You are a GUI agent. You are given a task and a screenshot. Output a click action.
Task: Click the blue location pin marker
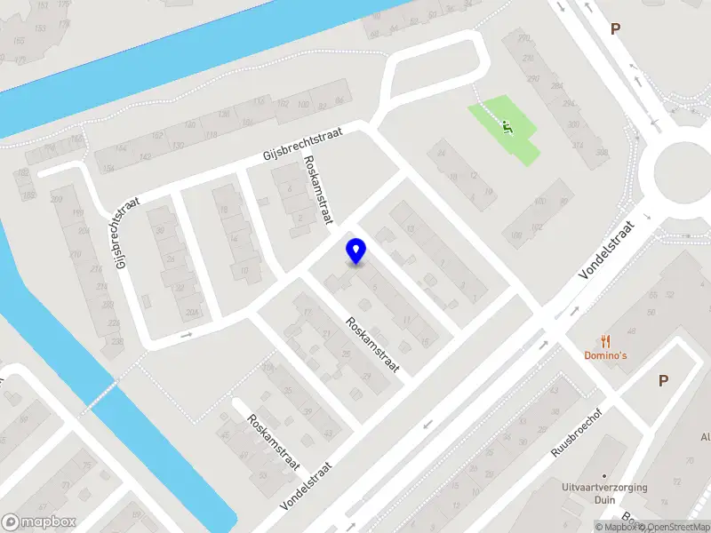point(355,251)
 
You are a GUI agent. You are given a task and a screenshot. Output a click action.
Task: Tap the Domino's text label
point(606,355)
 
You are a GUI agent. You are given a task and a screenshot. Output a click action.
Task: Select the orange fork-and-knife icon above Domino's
point(606,340)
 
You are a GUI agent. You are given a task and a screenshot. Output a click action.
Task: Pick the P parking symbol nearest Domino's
point(663,380)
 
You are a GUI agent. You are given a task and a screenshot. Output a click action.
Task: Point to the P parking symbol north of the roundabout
point(614,28)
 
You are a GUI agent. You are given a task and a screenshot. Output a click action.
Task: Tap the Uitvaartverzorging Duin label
point(604,494)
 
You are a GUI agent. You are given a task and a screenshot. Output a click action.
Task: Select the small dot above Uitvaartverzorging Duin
point(604,474)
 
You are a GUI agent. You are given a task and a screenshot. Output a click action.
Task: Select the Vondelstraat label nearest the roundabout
point(609,251)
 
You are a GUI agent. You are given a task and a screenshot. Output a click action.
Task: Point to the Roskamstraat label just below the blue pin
point(373,345)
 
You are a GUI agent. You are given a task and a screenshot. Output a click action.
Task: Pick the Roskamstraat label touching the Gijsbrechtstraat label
point(318,189)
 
